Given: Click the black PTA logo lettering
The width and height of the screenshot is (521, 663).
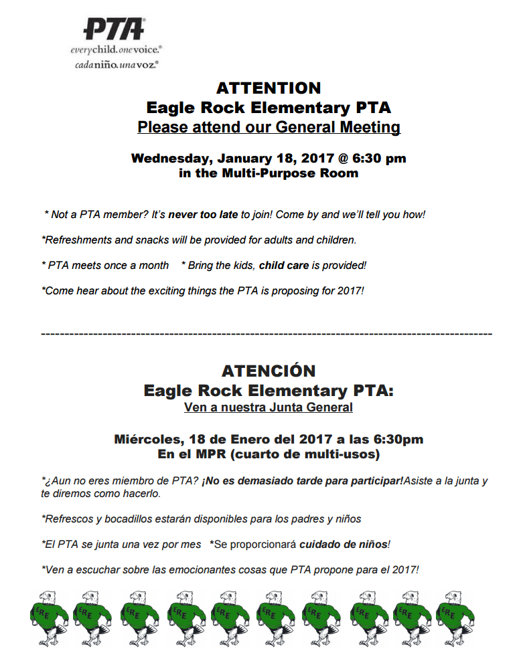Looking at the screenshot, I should click(x=114, y=29).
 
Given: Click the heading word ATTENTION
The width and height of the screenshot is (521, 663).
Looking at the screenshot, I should click(x=269, y=88).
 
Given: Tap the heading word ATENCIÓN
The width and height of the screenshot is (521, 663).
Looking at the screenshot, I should click(x=269, y=371).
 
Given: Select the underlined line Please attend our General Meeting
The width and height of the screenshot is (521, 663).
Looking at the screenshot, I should click(x=269, y=127).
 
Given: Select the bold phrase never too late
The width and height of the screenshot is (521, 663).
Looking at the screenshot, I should click(x=203, y=215).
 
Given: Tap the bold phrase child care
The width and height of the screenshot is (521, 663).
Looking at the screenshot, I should click(x=284, y=265).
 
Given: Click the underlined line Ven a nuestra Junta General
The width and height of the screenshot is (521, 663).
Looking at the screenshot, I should click(x=269, y=407).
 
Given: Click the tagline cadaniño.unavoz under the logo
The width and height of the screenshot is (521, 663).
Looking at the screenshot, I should click(x=115, y=65).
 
